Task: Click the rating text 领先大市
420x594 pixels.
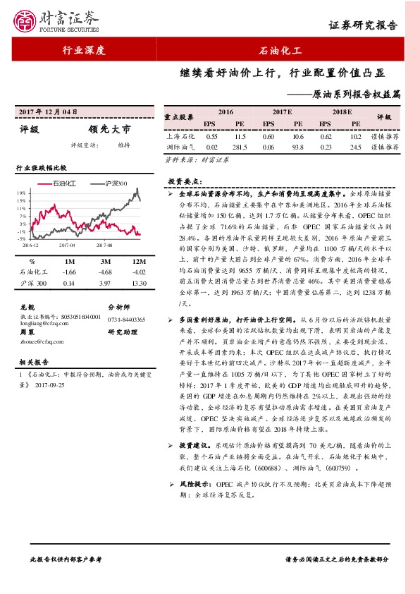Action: point(109,129)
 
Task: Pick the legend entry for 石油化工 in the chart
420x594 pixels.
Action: point(68,183)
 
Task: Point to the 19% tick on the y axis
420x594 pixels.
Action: point(23,192)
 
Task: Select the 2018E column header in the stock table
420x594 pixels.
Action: point(341,112)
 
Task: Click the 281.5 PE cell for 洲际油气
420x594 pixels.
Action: point(240,147)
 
